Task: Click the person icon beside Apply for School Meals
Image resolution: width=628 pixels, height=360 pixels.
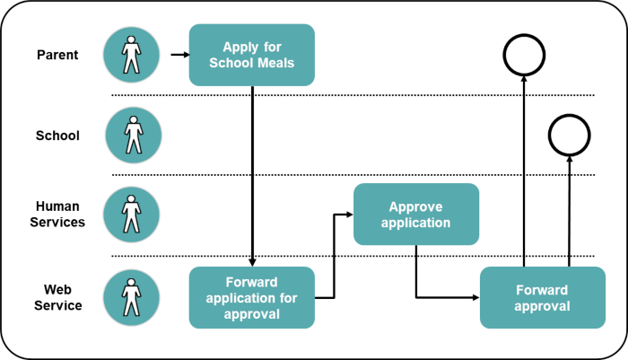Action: tap(131, 54)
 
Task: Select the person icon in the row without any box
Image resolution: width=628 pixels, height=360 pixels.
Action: tap(134, 135)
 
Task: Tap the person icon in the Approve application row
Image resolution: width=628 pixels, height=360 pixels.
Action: tap(131, 215)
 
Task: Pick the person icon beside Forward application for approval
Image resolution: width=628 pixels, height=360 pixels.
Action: tap(131, 297)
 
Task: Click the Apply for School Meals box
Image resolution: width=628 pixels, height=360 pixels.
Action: tap(251, 55)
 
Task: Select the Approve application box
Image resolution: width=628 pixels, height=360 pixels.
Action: tap(415, 215)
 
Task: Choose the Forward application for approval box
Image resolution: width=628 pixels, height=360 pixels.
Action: tap(251, 298)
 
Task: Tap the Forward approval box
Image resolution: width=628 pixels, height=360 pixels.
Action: tap(542, 298)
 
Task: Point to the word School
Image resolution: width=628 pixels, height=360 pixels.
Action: tap(231, 63)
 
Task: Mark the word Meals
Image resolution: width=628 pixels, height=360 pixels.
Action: tap(275, 63)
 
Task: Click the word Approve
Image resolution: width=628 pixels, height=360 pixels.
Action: tap(415, 206)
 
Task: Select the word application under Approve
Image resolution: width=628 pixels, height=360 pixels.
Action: tap(415, 223)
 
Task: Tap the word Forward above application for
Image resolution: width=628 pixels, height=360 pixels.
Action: tap(251, 282)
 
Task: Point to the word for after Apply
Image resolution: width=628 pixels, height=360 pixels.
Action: tap(274, 47)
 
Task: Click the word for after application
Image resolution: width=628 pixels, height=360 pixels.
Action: tap(288, 298)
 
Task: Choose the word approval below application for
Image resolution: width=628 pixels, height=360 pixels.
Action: tap(251, 314)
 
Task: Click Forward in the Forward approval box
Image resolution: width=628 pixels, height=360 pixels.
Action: tap(542, 290)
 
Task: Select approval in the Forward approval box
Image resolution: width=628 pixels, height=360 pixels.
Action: tap(542, 306)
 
